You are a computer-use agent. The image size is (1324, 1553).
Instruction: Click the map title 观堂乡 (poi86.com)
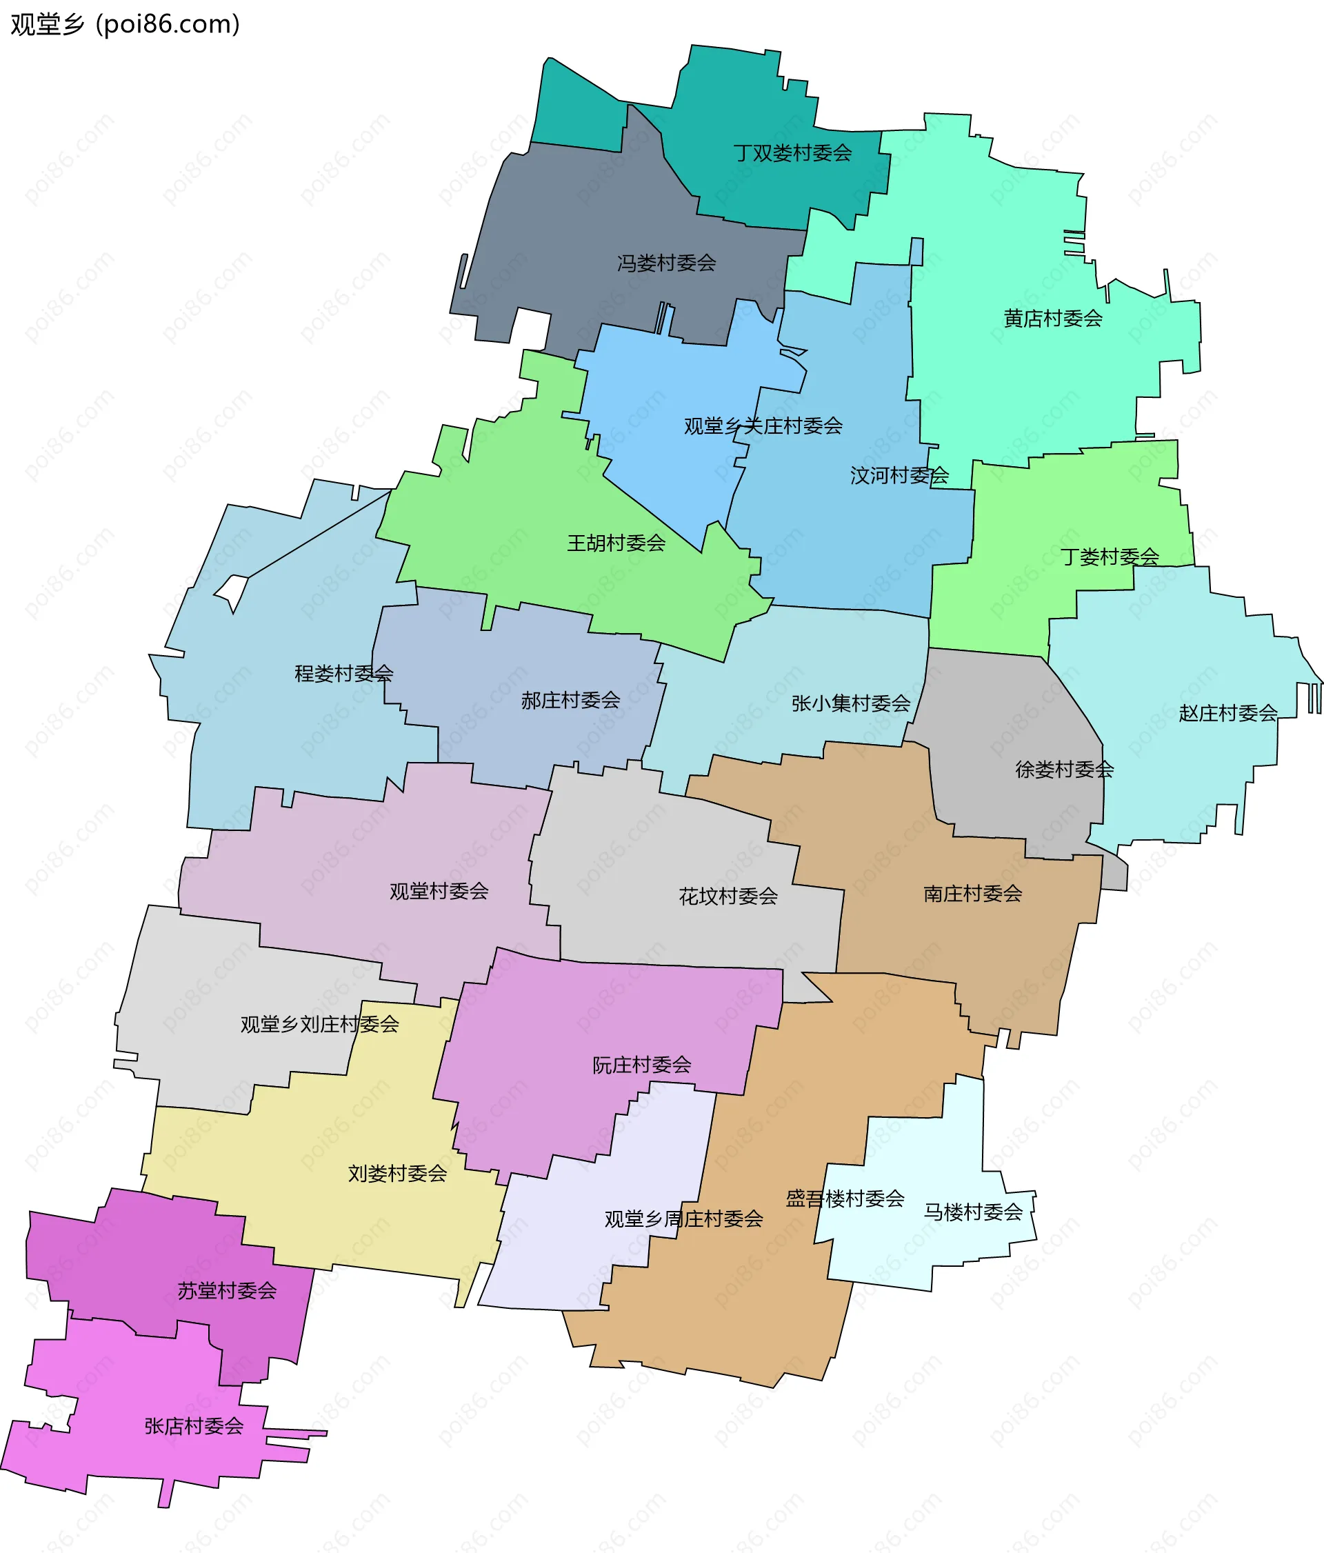[x=125, y=25]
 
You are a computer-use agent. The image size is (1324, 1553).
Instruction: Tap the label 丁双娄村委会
[x=793, y=153]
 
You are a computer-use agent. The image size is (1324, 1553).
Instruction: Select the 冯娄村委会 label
[x=666, y=263]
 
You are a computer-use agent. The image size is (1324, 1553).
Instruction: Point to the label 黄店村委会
[x=1053, y=319]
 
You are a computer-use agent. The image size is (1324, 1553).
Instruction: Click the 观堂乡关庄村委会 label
[x=763, y=425]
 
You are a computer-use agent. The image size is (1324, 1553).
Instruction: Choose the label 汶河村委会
[x=899, y=475]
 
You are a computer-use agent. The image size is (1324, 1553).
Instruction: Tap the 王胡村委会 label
[x=616, y=543]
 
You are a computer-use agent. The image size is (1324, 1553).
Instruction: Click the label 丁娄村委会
[x=1110, y=557]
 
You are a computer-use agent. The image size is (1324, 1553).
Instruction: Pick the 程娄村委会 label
[x=344, y=673]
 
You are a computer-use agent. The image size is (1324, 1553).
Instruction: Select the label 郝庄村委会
[x=570, y=700]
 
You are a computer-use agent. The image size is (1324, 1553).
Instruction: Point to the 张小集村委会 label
[x=850, y=703]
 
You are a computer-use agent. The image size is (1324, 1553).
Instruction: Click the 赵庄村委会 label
[x=1227, y=713]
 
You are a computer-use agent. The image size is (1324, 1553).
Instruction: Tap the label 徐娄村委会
[x=1064, y=769]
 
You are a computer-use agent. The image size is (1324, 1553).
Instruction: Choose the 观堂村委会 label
[x=439, y=891]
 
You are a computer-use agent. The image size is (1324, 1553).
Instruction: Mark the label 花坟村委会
[x=728, y=896]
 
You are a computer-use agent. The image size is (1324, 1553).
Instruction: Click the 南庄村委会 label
[x=972, y=894]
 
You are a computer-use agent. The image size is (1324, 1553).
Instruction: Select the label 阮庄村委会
[x=641, y=1064]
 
